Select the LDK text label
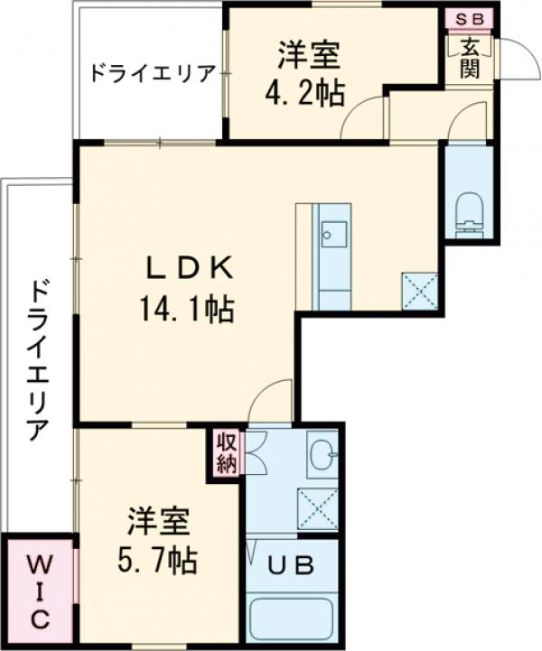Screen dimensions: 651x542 tap(192, 268)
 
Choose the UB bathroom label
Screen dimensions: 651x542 tap(293, 566)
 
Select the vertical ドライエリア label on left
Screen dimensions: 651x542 tap(37, 361)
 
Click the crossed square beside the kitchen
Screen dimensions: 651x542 tap(419, 291)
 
